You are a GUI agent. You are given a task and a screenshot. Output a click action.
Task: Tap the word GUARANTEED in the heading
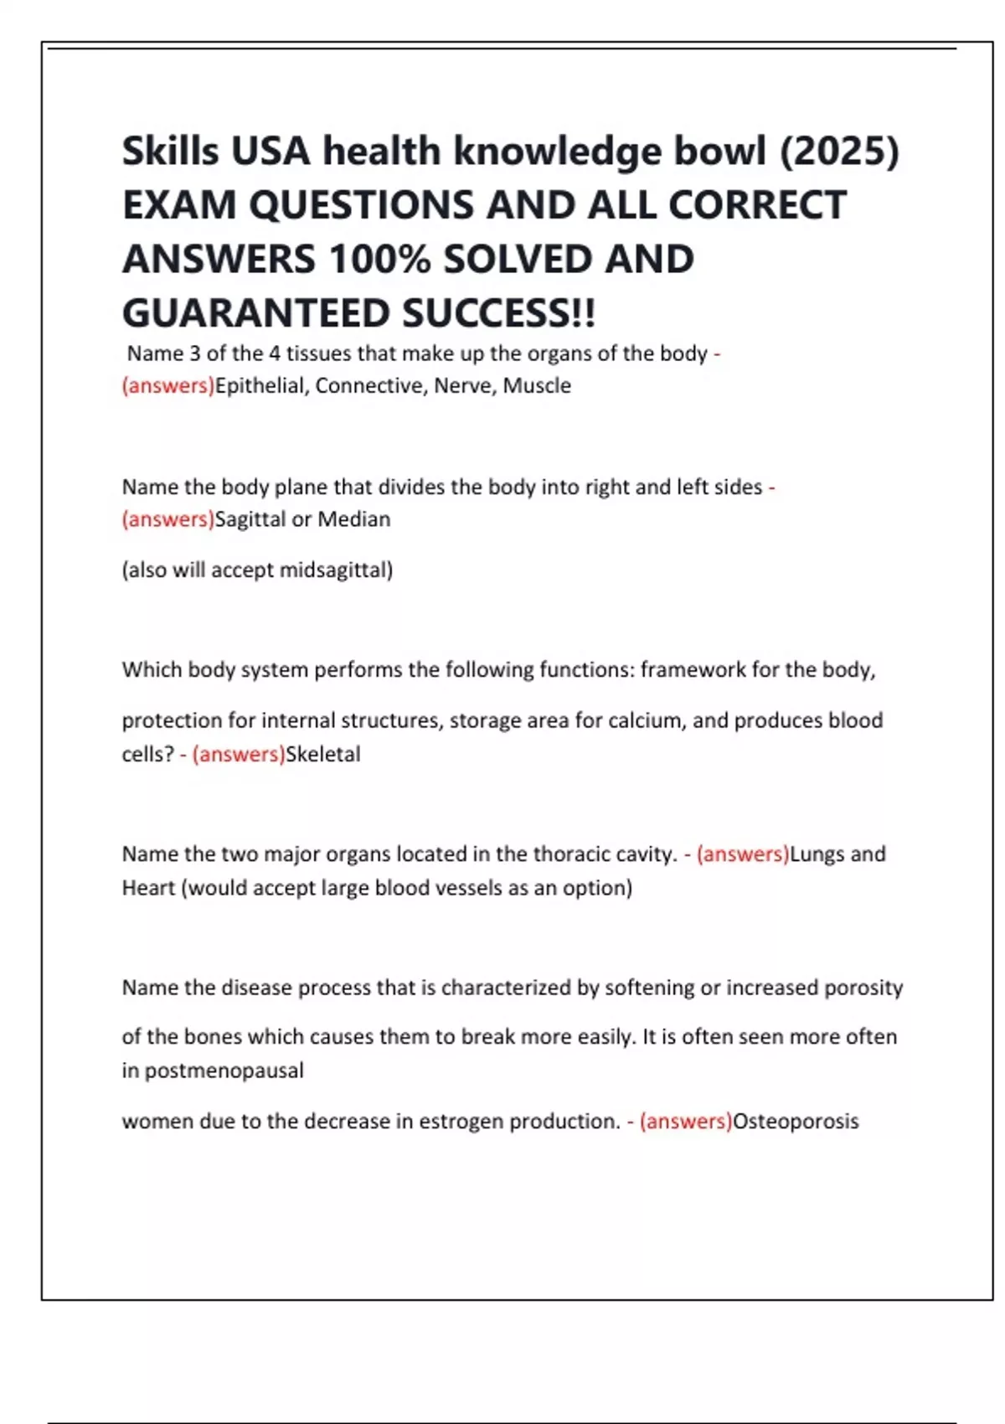tap(255, 314)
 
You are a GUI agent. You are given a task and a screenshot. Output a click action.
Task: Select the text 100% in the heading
tap(379, 260)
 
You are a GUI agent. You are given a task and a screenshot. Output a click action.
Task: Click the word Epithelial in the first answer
tap(260, 386)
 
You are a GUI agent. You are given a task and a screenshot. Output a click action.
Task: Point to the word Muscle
tap(537, 386)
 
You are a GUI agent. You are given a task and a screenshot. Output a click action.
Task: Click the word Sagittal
tap(250, 519)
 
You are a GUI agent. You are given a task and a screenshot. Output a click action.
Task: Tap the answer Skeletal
tap(323, 755)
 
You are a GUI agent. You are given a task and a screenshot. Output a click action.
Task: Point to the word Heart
tap(148, 888)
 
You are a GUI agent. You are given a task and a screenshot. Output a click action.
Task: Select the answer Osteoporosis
tap(796, 1122)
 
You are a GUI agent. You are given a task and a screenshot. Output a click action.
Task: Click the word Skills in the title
tap(170, 152)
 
